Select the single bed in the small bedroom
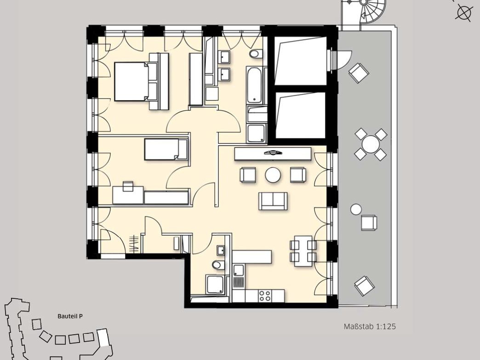[166, 149]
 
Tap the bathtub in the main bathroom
[254, 85]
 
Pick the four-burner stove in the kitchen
[264, 296]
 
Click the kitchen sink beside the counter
[239, 270]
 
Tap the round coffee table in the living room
[273, 175]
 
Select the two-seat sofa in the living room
[273, 201]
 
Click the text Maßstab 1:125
[370, 326]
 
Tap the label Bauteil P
[70, 316]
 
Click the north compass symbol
[463, 13]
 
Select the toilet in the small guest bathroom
[218, 265]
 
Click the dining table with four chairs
[303, 251]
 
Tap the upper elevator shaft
[301, 61]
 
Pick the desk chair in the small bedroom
[128, 186]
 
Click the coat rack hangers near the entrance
[134, 244]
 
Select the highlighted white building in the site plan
[103, 337]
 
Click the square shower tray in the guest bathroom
[215, 285]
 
